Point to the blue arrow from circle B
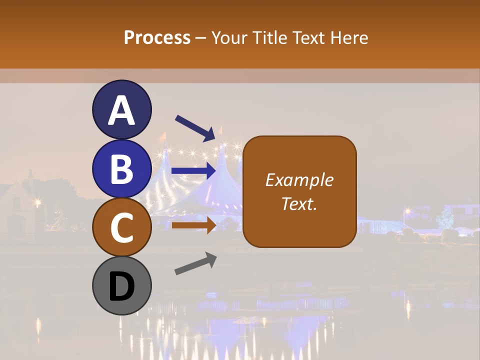(193, 171)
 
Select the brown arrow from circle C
(193, 225)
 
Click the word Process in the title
(157, 37)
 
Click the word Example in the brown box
(299, 180)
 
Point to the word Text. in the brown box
(299, 203)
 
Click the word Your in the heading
(229, 37)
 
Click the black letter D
(121, 286)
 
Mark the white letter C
(121, 228)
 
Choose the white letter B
(121, 169)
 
